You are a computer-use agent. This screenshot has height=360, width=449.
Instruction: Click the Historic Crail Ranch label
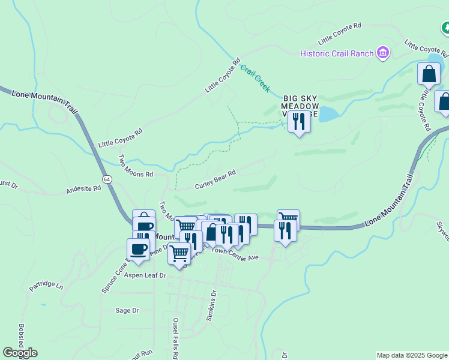(337, 53)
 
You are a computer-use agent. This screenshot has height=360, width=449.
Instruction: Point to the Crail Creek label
(256, 78)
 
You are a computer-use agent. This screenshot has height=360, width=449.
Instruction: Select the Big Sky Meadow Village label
(298, 105)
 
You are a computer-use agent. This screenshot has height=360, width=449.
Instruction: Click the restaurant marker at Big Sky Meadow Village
(298, 122)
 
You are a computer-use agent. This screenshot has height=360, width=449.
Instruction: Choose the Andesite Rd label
(83, 190)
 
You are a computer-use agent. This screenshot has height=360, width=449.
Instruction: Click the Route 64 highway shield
(106, 179)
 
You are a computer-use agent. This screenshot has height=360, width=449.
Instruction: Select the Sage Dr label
(127, 310)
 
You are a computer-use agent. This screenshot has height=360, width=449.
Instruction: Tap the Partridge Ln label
(46, 284)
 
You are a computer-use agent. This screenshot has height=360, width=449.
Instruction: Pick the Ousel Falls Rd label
(176, 337)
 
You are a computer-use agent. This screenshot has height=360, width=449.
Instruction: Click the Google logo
(20, 352)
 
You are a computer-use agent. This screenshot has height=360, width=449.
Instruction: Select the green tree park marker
(446, 28)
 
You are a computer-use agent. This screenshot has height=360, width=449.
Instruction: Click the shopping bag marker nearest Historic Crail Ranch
(429, 74)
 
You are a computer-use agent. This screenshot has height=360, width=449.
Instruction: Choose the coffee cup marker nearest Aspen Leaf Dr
(138, 249)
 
